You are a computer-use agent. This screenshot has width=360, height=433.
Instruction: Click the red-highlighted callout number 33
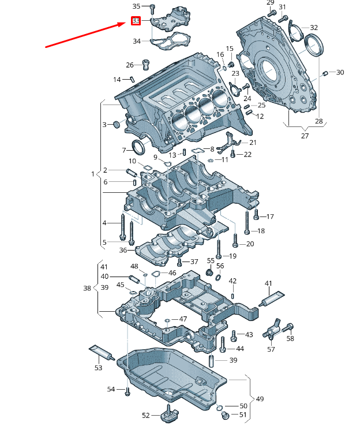pyautogui.click(x=136, y=21)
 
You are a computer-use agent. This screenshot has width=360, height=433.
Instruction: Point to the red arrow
pyautogui.click(x=87, y=35)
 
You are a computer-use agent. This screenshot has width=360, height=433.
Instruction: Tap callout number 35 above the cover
pyautogui.click(x=136, y=6)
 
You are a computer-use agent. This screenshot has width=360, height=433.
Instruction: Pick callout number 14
pyautogui.click(x=117, y=79)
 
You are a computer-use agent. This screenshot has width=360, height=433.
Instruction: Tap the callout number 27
pyautogui.click(x=305, y=136)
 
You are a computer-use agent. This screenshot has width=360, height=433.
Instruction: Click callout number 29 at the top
pyautogui.click(x=271, y=3)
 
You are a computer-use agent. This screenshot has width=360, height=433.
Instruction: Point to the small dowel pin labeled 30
pyautogui.click(x=326, y=73)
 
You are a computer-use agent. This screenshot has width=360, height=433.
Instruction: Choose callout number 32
pyautogui.click(x=313, y=28)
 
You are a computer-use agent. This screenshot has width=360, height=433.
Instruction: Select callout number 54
pyautogui.click(x=111, y=390)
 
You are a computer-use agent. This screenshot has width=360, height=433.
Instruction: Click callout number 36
pyautogui.click(x=123, y=250)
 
